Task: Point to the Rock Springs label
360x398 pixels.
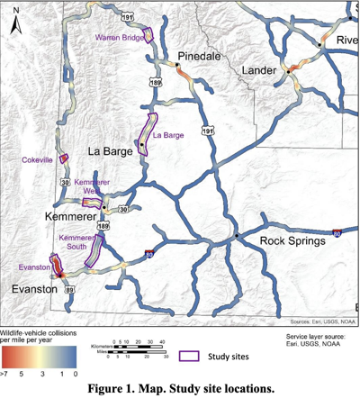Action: coord(296,241)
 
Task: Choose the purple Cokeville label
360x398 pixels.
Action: coord(37,159)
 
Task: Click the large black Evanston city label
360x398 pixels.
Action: coord(30,290)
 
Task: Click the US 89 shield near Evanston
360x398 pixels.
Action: coord(69,289)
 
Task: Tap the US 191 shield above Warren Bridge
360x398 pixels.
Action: coord(131,16)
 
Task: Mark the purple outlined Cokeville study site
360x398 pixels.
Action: coord(64,158)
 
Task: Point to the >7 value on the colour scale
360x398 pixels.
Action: coord(7,370)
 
